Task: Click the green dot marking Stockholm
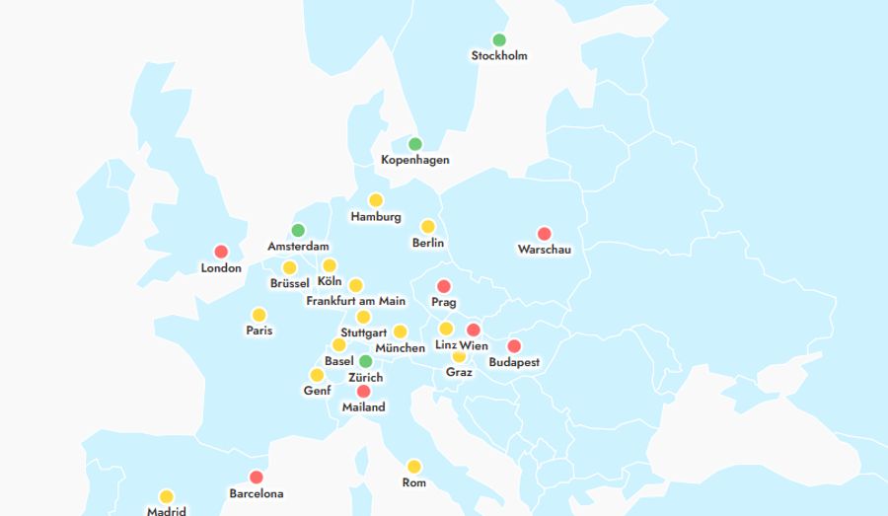(x=499, y=40)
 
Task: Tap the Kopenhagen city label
(x=415, y=160)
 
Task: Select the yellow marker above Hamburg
(x=376, y=200)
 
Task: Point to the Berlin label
(x=428, y=243)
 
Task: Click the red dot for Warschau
(x=544, y=234)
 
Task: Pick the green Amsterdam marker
(x=298, y=230)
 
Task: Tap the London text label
(x=221, y=268)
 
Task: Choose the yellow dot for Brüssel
(x=289, y=267)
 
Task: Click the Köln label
(x=330, y=282)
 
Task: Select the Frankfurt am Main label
(x=356, y=301)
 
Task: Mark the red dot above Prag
(x=444, y=286)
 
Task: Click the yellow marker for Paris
(x=259, y=315)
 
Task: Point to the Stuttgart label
(x=363, y=332)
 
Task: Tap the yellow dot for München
(x=400, y=332)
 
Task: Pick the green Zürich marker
(x=365, y=361)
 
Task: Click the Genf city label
(x=317, y=391)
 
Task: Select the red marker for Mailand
(x=363, y=391)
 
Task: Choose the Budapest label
(x=514, y=362)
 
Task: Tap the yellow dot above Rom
(x=413, y=467)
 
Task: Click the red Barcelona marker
(x=257, y=478)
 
